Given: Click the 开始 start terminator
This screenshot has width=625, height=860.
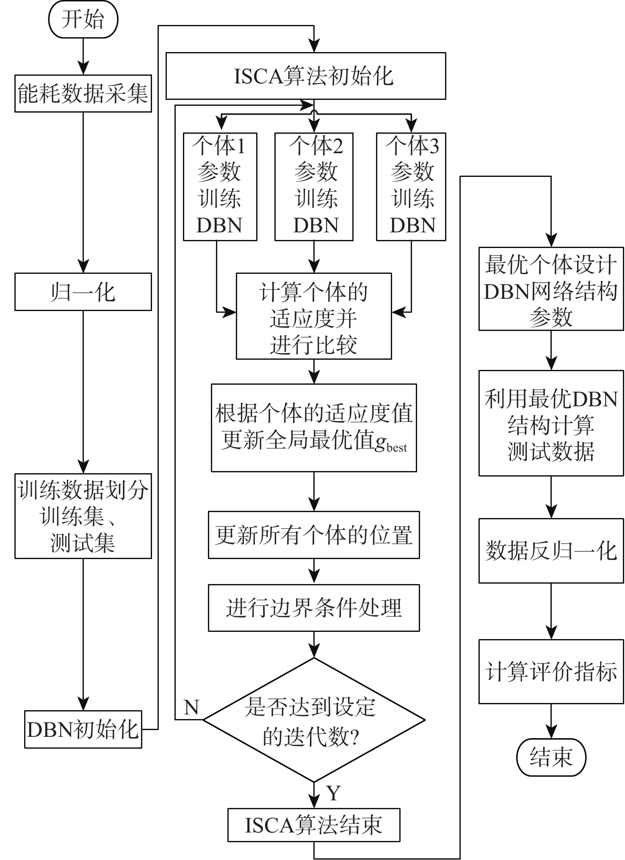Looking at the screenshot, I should (x=83, y=19).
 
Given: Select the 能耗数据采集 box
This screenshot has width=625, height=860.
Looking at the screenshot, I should (x=83, y=94).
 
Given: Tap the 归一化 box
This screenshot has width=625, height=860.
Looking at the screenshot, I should (x=83, y=292).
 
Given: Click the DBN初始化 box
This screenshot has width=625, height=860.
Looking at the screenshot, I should (x=83, y=729).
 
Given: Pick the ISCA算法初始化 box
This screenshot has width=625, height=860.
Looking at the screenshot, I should (x=305, y=76).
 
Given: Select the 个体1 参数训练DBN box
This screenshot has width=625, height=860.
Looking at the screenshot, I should (x=220, y=187).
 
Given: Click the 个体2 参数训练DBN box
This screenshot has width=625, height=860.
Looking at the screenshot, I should (x=314, y=187).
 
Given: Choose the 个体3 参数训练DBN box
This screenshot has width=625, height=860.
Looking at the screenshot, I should (x=411, y=187).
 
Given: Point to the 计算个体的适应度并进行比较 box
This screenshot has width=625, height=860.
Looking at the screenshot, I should (x=314, y=316).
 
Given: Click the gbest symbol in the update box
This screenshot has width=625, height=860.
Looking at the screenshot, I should (x=390, y=443).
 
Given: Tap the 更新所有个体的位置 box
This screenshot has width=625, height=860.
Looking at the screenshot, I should (x=314, y=535).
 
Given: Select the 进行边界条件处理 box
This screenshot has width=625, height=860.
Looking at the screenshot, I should (x=314, y=608).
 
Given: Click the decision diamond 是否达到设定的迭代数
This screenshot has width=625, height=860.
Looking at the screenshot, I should (x=314, y=719).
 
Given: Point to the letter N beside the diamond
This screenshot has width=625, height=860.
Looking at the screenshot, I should (x=191, y=707).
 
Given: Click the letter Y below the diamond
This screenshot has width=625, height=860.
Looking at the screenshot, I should (x=334, y=793).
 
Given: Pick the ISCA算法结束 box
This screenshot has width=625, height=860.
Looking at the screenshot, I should (x=314, y=825).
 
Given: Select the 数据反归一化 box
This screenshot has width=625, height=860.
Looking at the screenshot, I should (x=551, y=551).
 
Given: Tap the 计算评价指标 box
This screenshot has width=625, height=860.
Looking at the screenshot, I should (x=551, y=672).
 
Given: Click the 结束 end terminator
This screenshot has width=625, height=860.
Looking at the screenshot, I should (x=551, y=757).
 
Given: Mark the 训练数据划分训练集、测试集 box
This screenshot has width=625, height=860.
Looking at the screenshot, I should (x=83, y=516).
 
